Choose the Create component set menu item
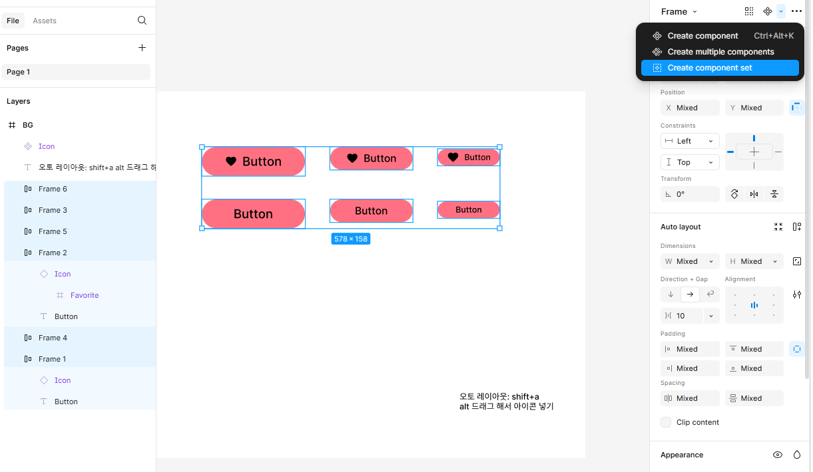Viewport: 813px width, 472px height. coord(710,68)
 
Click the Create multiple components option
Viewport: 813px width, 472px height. coord(720,52)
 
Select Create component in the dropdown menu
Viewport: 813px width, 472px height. coord(702,36)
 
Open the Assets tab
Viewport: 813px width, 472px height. coord(45,21)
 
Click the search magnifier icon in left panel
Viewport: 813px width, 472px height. coord(142,21)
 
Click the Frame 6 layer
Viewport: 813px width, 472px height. coord(53,189)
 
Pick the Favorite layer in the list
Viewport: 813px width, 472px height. coord(85,295)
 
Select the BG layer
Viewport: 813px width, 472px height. coord(28,125)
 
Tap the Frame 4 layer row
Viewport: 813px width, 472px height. coord(53,338)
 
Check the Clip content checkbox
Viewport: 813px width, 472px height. coord(666,422)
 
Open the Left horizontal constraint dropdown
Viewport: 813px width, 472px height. coord(690,141)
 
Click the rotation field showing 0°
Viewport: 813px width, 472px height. coord(690,194)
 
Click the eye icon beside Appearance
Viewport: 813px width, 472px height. coord(777,455)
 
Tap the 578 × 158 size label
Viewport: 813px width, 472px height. coord(350,239)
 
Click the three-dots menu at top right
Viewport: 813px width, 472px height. coord(796,11)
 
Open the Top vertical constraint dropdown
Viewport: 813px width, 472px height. coord(690,162)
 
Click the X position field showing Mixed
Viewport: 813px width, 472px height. coord(690,108)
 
